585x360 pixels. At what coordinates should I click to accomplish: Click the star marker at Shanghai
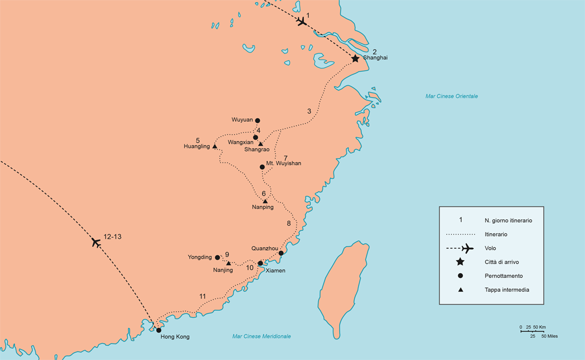(x=355, y=58)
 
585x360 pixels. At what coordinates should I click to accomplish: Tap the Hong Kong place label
(x=175, y=336)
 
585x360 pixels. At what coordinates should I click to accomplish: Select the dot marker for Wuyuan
(x=257, y=120)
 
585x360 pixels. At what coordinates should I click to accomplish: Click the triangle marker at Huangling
(x=214, y=146)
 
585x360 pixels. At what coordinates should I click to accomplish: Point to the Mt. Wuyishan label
(x=283, y=163)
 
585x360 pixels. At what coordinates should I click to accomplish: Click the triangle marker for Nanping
(x=265, y=201)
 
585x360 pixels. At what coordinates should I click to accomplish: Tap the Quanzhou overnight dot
(x=281, y=253)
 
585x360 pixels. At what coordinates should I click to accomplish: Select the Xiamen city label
(x=275, y=270)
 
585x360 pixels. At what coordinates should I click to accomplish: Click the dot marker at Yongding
(x=217, y=257)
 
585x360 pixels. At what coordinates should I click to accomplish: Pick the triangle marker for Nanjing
(x=228, y=263)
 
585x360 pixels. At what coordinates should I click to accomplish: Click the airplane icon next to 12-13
(x=96, y=242)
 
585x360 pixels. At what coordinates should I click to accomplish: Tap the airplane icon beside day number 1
(x=301, y=21)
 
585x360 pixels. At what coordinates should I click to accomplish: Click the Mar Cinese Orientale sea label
(x=451, y=96)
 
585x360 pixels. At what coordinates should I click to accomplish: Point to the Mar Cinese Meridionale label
(x=261, y=336)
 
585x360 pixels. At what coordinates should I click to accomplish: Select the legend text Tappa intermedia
(x=506, y=289)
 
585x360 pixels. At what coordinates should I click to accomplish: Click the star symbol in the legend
(x=460, y=262)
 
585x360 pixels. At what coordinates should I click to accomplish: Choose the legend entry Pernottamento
(x=503, y=275)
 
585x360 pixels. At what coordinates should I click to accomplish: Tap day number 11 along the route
(x=202, y=296)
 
